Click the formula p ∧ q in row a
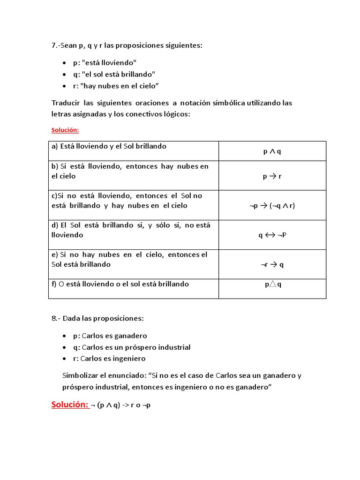point(272,151)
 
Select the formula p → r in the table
point(272,176)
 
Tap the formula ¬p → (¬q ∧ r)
point(272,205)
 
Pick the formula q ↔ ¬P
point(272,235)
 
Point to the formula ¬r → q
point(272,264)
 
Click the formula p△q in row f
point(272,284)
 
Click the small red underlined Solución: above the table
point(65,130)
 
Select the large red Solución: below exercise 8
point(70,405)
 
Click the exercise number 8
point(54,318)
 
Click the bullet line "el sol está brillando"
point(114,74)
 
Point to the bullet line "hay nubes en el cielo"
point(116,85)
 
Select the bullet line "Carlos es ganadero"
point(110,336)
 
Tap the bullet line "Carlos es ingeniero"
point(109,359)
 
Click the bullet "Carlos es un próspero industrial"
point(132,347)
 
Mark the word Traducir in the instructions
point(65,103)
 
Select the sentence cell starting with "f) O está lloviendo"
point(120,284)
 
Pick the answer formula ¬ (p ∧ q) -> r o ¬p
point(120,405)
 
